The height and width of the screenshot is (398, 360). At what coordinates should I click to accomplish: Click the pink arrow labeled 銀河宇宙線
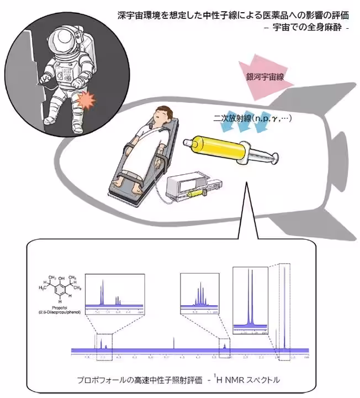coord(264,72)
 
